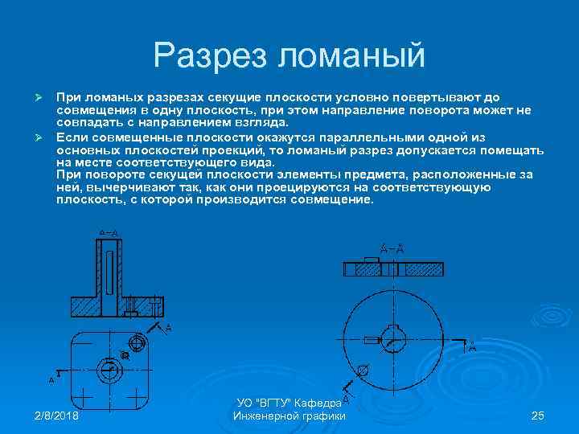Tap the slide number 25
pyautogui.click(x=538, y=416)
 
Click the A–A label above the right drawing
pyautogui.click(x=392, y=248)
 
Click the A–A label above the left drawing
pyautogui.click(x=109, y=233)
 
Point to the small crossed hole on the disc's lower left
pyautogui.click(x=363, y=371)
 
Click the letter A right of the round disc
pyautogui.click(x=472, y=347)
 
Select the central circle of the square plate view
pyautogui.click(x=107, y=370)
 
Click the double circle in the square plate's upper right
pyautogui.click(x=137, y=343)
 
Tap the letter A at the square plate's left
pyautogui.click(x=52, y=379)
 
